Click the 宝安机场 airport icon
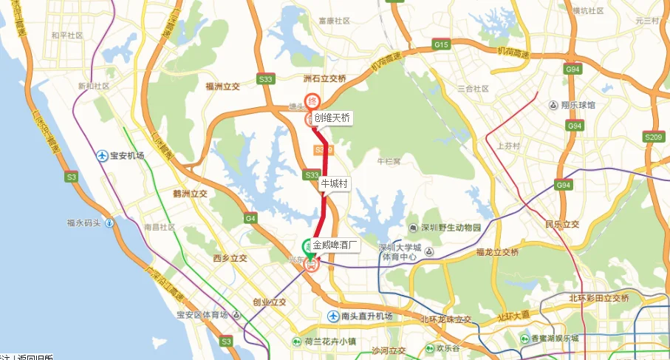(x=103, y=155)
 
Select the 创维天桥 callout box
(x=332, y=118)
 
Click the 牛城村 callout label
(x=334, y=183)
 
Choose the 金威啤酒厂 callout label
(x=335, y=244)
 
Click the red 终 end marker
(x=312, y=101)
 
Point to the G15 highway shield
(x=442, y=45)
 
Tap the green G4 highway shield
(x=250, y=218)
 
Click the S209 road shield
(x=653, y=137)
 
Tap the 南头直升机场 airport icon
(x=333, y=316)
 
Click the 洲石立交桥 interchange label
(x=324, y=77)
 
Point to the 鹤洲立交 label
(x=190, y=194)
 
